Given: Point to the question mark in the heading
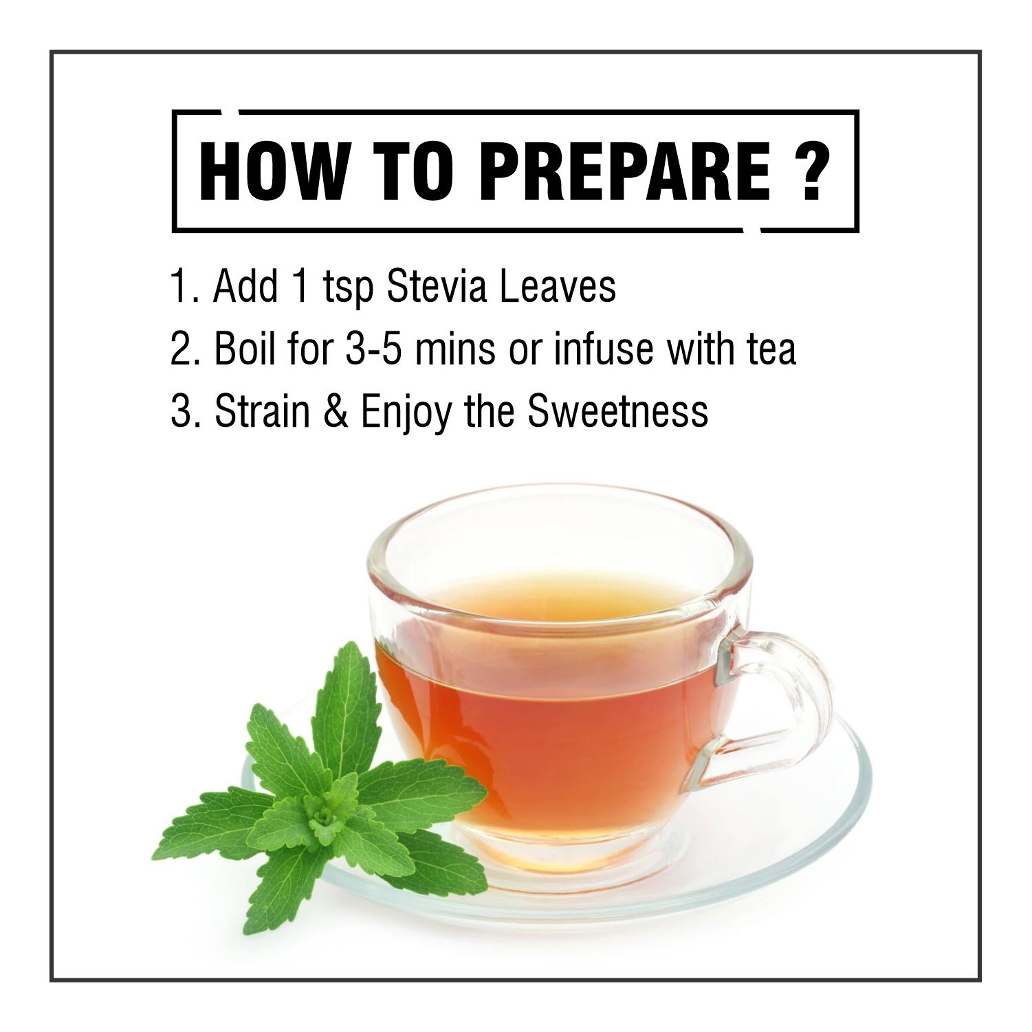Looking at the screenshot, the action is (x=812, y=172).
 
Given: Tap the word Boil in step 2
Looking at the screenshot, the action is (x=245, y=348).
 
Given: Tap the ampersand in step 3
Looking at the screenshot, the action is (x=336, y=410).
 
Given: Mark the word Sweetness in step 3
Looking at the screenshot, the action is (x=617, y=410).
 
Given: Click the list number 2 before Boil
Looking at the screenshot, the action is (x=180, y=349).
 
